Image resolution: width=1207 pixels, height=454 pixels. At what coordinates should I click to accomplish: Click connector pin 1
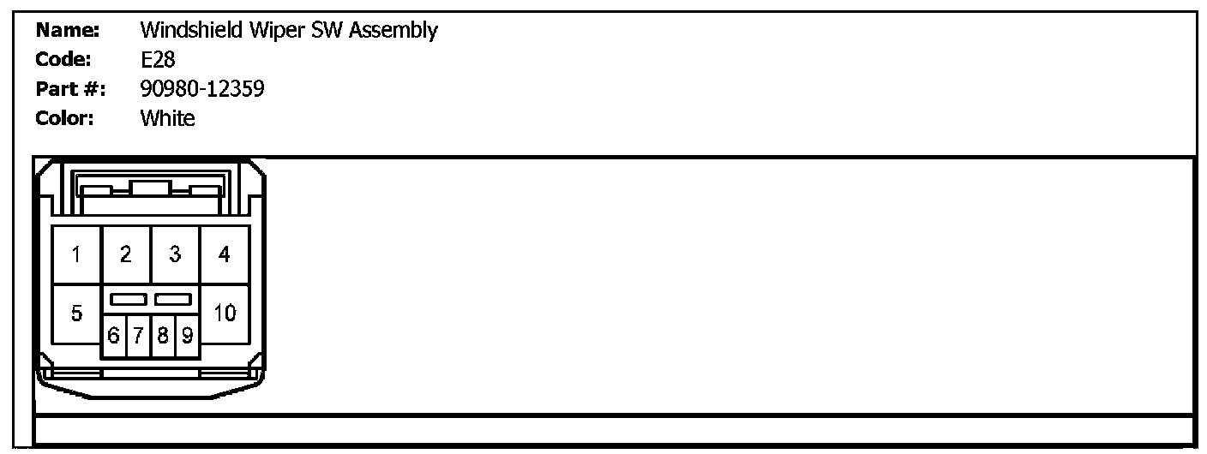[x=76, y=254]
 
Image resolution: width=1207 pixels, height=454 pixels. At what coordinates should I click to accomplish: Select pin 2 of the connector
[x=126, y=254]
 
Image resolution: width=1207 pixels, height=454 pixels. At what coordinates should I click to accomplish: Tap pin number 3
[x=175, y=254]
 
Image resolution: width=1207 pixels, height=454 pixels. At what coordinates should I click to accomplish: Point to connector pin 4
[x=225, y=254]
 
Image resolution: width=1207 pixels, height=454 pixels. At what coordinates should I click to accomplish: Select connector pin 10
[x=225, y=314]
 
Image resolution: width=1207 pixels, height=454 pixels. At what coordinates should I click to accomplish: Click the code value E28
[x=158, y=61]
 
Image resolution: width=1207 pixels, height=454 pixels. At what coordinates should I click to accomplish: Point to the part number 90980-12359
[x=202, y=89]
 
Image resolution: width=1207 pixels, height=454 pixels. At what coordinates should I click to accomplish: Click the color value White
[x=167, y=118]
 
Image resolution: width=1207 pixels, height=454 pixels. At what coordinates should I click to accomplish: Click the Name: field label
[x=69, y=32]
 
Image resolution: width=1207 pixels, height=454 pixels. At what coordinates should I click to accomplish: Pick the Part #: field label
[x=70, y=89]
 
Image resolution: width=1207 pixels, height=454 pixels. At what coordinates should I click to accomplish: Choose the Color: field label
[x=65, y=118]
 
